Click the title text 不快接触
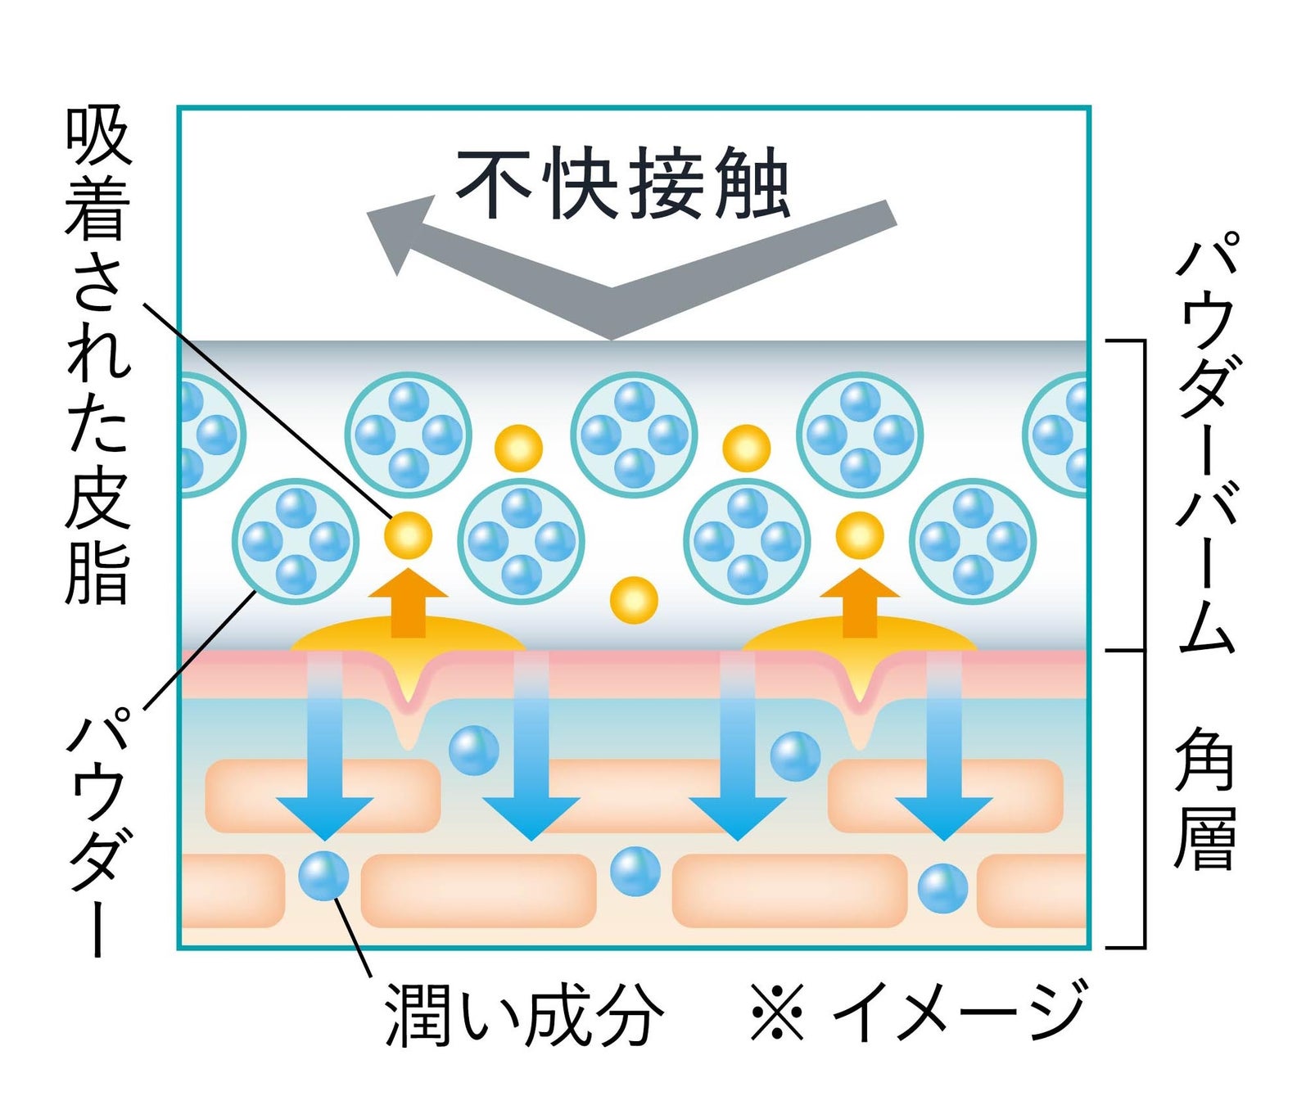622,183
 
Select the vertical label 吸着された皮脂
97,356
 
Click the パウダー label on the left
97,831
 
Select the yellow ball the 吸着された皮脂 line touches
408,535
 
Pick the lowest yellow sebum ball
634,600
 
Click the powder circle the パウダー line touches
296,541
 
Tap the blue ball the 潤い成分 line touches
323,875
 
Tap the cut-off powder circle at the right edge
1059,435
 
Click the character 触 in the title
752,183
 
